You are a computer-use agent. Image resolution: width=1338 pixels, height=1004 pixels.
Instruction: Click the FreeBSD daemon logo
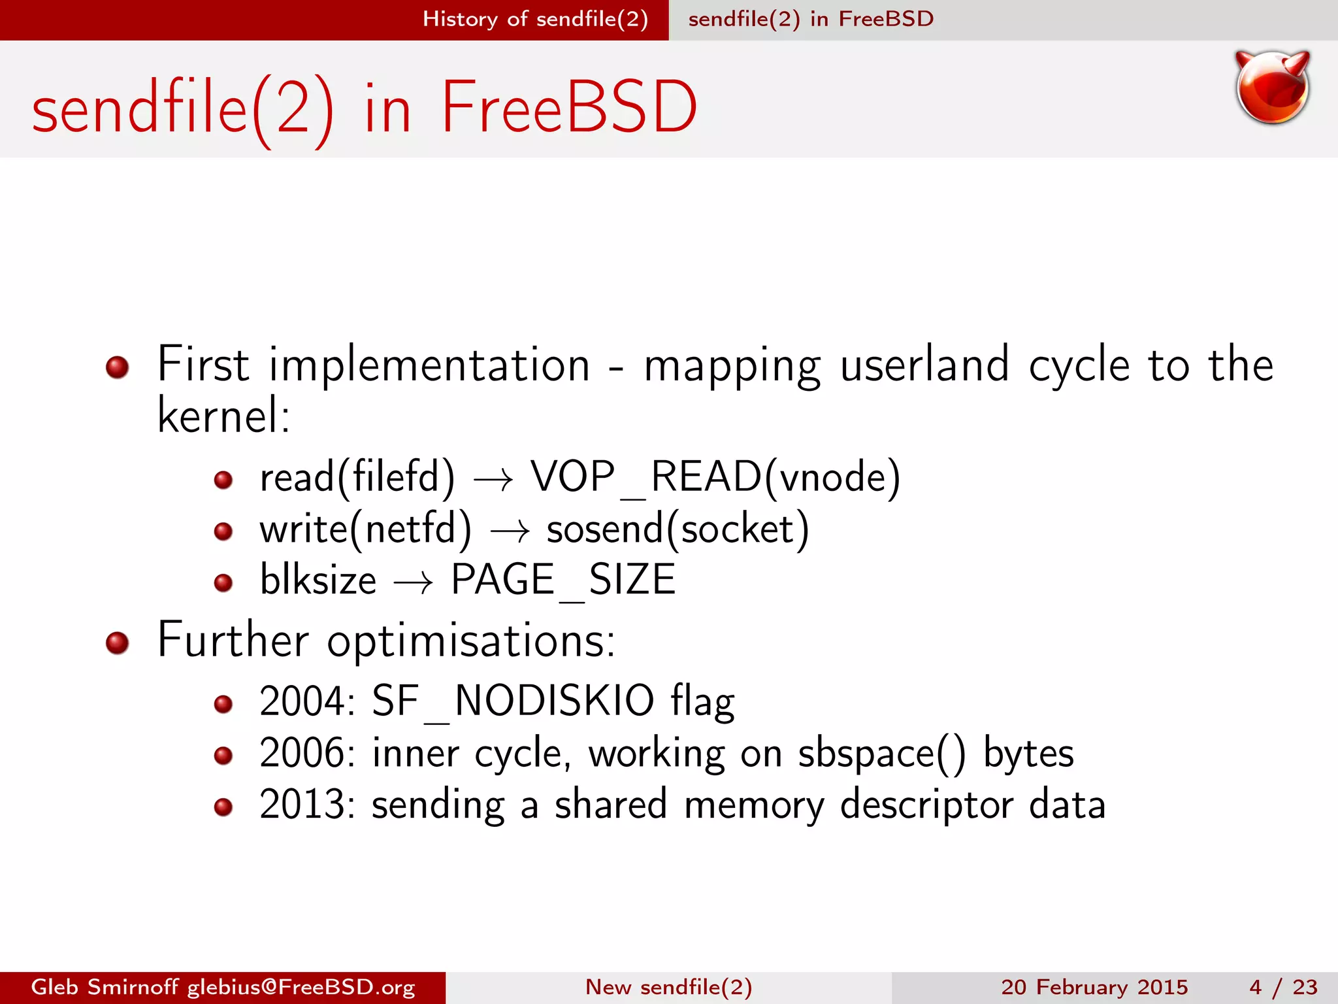click(x=1272, y=87)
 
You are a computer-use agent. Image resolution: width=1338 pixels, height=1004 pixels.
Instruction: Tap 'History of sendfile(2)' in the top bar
click(x=534, y=19)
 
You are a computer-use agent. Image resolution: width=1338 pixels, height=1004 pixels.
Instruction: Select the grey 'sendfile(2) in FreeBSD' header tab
click(x=811, y=19)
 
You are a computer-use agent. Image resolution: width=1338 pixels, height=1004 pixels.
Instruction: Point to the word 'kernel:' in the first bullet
click(x=223, y=416)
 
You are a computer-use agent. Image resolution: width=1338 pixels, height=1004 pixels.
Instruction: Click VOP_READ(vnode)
click(x=715, y=477)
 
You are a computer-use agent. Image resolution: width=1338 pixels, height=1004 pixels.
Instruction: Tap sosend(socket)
click(x=677, y=529)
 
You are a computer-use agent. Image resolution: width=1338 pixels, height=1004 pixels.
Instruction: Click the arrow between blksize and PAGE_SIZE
click(x=414, y=582)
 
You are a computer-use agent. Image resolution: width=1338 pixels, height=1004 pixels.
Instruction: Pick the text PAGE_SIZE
click(x=563, y=580)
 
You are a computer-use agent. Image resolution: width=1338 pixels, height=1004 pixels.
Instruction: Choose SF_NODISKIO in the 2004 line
click(x=513, y=701)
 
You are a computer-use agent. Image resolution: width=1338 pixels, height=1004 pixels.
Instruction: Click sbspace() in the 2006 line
click(x=881, y=754)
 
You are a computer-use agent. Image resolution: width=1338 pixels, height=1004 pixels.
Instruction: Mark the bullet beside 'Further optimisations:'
click(x=118, y=643)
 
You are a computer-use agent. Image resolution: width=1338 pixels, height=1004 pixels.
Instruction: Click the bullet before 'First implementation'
click(x=118, y=367)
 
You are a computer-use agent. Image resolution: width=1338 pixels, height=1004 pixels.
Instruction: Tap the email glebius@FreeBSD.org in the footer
click(x=301, y=987)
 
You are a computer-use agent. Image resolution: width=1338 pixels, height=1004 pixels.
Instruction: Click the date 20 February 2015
click(x=1094, y=987)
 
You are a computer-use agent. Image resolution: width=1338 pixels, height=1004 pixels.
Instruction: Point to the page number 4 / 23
click(x=1283, y=987)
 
